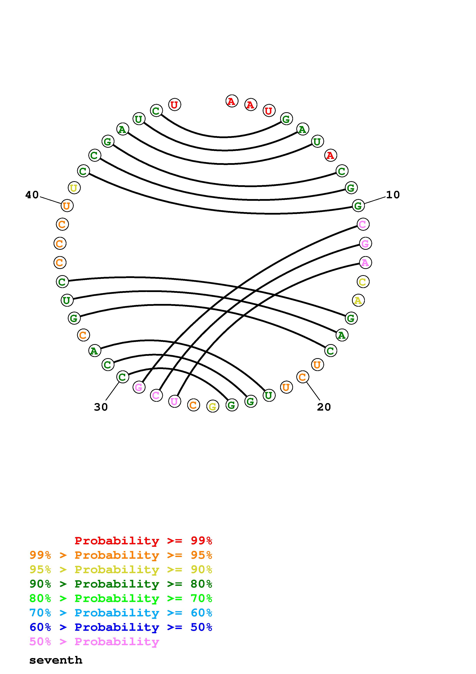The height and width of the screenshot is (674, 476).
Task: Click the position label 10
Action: click(x=393, y=195)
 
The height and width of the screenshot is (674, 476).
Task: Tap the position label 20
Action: click(x=324, y=407)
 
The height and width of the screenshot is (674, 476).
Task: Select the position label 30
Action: click(x=101, y=407)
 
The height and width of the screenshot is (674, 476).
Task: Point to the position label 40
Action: click(x=32, y=195)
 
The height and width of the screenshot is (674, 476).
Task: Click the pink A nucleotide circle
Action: click(x=365, y=262)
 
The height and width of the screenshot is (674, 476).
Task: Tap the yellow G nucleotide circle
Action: click(x=213, y=407)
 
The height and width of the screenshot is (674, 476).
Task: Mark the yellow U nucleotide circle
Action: click(x=74, y=188)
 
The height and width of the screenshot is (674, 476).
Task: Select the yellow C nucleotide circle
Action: click(x=363, y=282)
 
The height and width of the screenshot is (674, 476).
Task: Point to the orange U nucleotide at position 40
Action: click(x=67, y=206)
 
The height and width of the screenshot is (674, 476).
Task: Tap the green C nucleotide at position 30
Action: click(x=123, y=377)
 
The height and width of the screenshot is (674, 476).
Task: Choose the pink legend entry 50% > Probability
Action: click(x=94, y=642)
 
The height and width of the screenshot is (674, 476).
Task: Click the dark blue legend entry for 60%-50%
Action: click(x=121, y=627)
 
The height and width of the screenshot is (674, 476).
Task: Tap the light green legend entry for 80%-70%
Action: click(x=121, y=598)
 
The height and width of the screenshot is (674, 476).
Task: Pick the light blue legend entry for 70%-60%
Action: click(x=121, y=613)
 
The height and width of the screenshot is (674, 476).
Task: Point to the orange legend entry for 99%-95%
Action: click(x=121, y=555)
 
